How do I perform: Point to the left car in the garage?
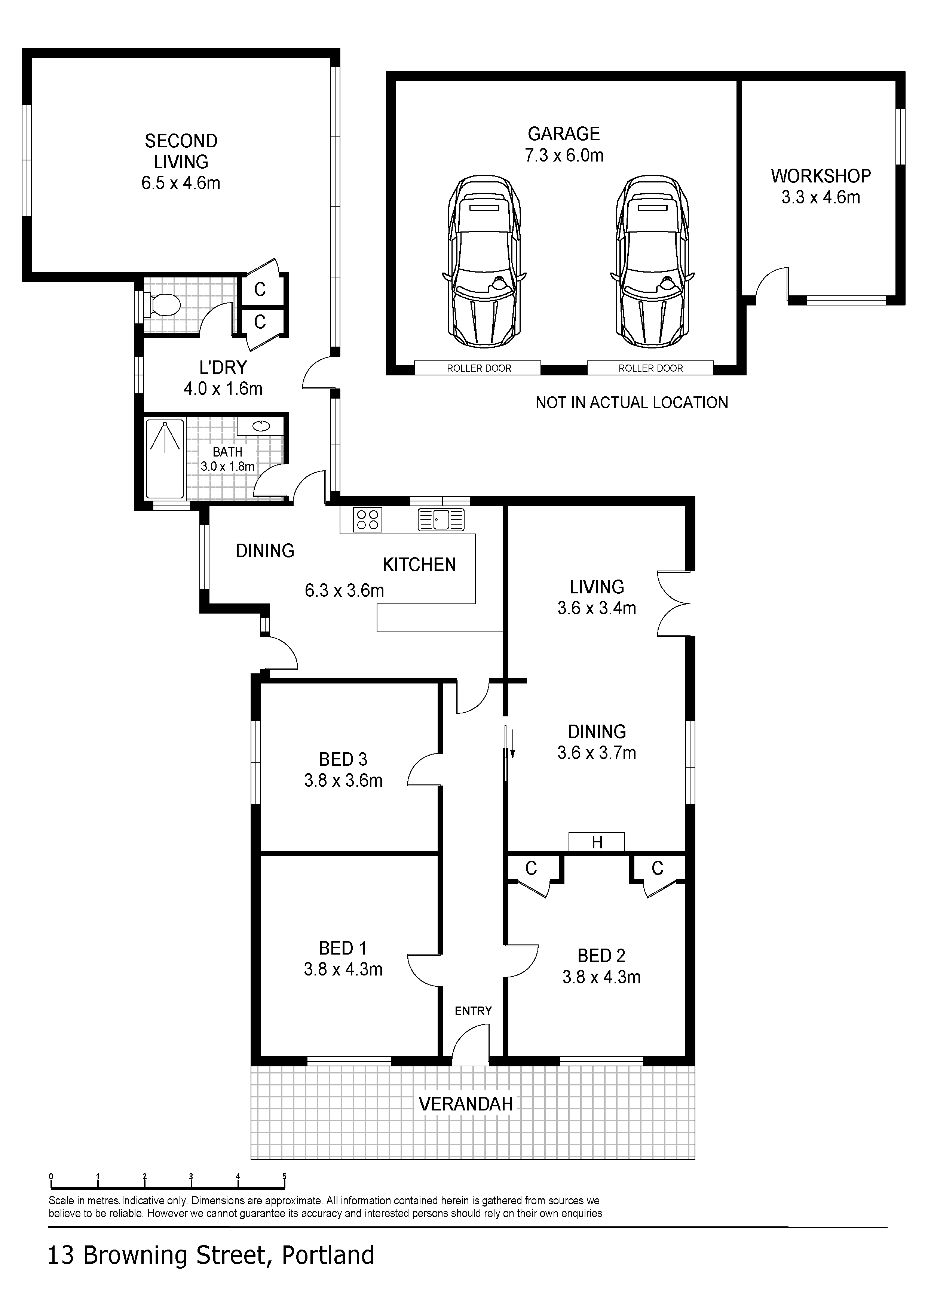point(484,261)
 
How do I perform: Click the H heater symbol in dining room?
point(597,842)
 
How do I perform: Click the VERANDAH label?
point(466,1104)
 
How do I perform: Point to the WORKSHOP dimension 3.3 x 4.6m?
point(821,197)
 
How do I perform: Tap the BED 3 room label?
point(343,759)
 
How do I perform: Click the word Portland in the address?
point(328,1256)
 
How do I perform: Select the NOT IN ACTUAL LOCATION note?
point(632,403)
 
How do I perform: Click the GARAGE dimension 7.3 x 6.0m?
point(564,156)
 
